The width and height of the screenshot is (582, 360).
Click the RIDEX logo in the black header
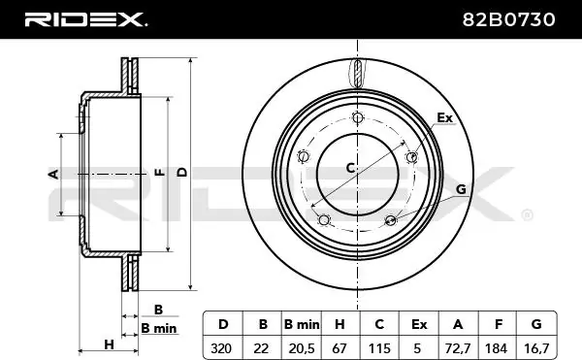[x=85, y=19]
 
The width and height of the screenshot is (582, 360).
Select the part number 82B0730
[x=508, y=19]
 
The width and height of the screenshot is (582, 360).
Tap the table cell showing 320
[x=221, y=348]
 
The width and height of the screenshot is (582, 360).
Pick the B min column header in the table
[x=302, y=324]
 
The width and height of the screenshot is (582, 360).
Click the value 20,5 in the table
[x=302, y=348]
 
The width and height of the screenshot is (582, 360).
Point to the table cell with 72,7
[x=458, y=348]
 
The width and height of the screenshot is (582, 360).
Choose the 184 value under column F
[x=496, y=348]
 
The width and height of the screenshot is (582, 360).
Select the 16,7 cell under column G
[x=536, y=348]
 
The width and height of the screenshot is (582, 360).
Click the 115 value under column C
[x=379, y=348]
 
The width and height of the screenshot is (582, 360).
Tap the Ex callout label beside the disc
[x=444, y=117]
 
